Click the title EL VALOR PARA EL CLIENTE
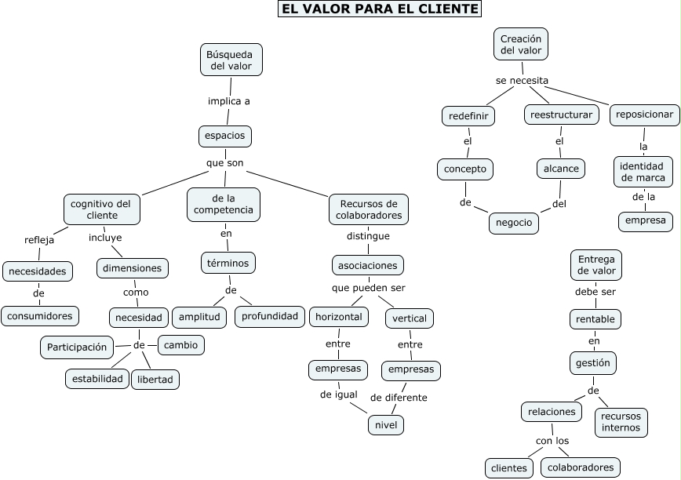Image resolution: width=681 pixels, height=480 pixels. point(380,9)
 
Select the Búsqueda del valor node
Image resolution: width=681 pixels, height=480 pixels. point(231,60)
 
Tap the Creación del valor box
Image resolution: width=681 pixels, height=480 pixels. point(521,44)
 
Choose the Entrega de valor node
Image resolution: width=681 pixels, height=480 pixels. point(596,264)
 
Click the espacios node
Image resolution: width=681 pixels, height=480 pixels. point(224,136)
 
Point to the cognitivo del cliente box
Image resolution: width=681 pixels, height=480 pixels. point(102,209)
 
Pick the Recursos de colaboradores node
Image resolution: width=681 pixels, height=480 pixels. point(369,209)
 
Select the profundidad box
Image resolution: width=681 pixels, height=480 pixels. point(269,316)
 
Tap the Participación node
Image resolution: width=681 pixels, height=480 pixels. point(76,347)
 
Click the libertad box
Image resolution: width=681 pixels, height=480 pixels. point(155,380)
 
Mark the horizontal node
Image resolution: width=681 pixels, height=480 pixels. point(338,317)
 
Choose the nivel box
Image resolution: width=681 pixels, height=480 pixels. point(385,425)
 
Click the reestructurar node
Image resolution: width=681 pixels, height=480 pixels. point(561,115)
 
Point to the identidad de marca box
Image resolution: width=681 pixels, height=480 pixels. point(643,172)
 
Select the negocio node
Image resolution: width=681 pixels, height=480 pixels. point(515,223)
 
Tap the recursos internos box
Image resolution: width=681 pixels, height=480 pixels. point(621,421)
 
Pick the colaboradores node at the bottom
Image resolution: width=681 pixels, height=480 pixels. point(580,467)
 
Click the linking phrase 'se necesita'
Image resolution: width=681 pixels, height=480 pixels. point(522,80)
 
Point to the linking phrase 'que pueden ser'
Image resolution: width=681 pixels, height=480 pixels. point(369,288)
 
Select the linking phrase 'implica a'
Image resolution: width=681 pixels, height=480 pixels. point(229,101)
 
